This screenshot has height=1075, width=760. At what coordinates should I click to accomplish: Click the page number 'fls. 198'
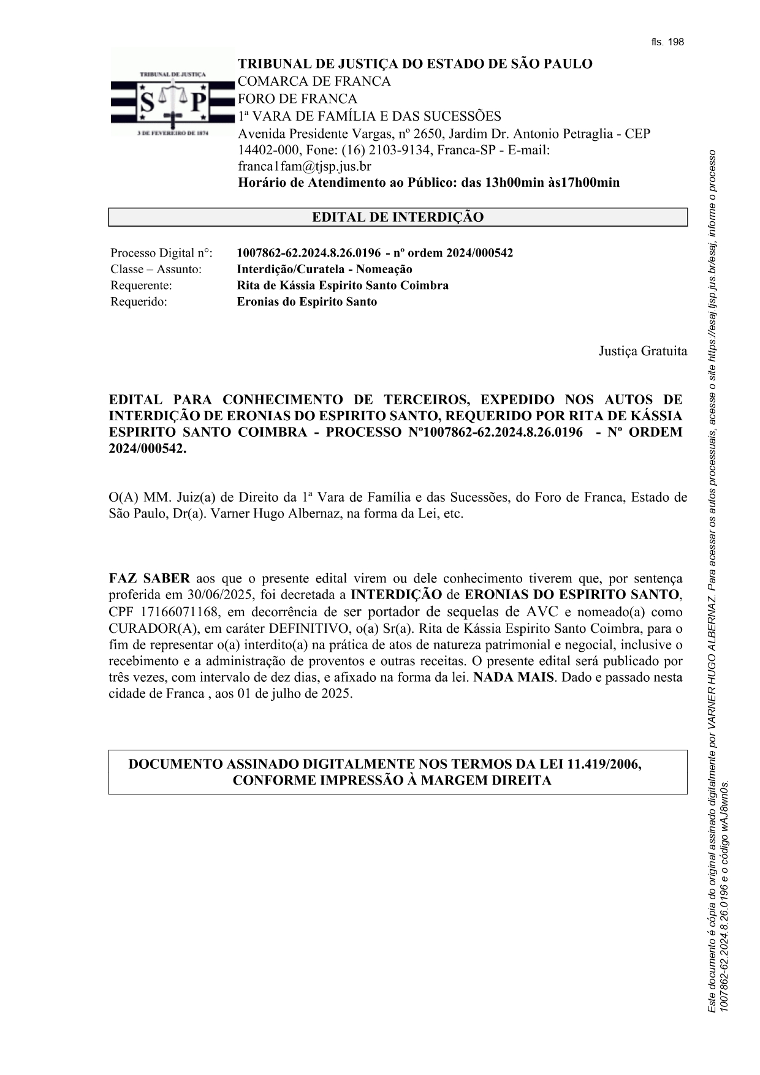667,42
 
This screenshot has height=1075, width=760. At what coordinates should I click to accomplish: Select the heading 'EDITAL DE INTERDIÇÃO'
398,217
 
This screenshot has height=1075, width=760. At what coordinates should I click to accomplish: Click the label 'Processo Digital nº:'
161,253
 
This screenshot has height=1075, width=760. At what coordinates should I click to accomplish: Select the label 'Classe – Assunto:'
156,269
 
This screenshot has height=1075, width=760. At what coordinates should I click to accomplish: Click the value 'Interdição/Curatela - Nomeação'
324,269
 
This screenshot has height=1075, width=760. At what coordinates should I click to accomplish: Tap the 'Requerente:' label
141,285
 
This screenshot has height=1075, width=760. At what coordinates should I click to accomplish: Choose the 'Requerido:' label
139,301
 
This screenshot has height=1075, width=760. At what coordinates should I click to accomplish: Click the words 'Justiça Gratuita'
642,351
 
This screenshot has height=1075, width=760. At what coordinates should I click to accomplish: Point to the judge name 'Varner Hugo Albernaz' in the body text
274,513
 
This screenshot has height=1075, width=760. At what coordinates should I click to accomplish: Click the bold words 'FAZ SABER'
150,578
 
